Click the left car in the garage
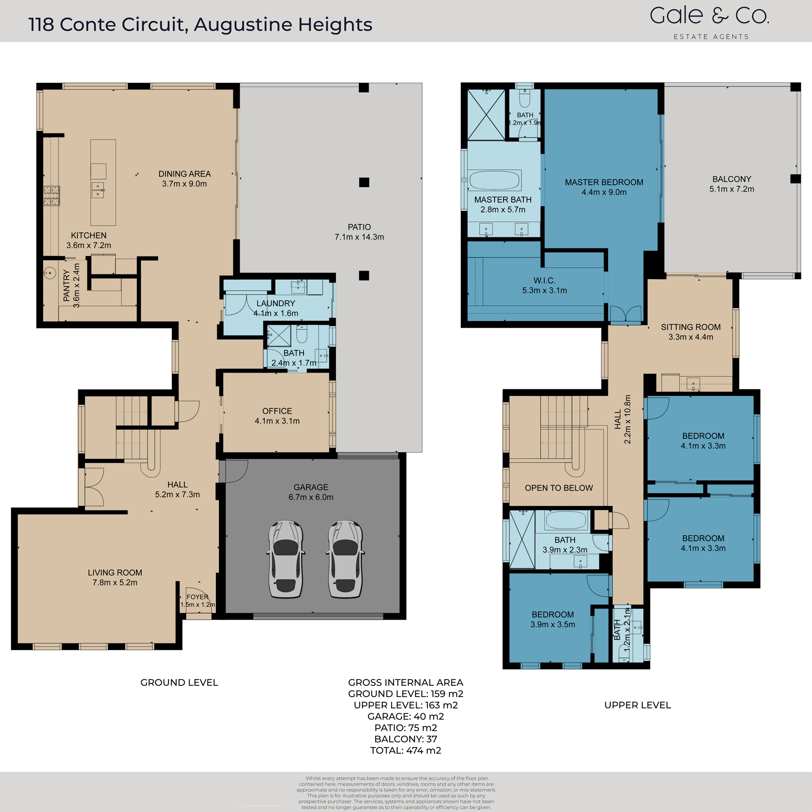click(x=285, y=559)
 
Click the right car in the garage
click(x=345, y=559)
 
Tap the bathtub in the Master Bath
click(x=494, y=180)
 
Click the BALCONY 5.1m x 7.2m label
click(x=732, y=184)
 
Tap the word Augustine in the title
click(x=243, y=25)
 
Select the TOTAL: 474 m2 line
click(x=406, y=750)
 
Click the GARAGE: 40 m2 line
click(x=406, y=716)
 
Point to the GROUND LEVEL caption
click(x=179, y=682)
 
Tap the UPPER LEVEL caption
click(x=637, y=705)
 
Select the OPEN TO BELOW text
click(x=559, y=488)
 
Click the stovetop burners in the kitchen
click(x=52, y=195)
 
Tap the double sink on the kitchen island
click(x=98, y=190)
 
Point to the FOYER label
click(x=198, y=597)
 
